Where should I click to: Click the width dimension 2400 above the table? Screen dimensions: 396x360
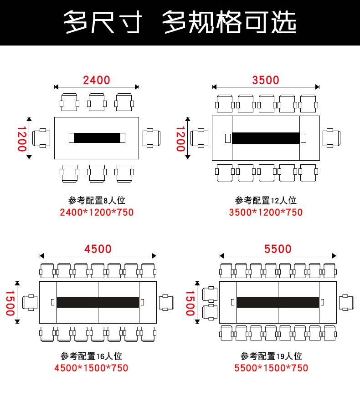pos(97,80)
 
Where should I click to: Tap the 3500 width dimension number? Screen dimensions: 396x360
pos(266,80)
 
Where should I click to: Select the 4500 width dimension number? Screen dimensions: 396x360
pos(98,249)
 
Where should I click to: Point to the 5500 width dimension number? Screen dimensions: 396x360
pos(278,249)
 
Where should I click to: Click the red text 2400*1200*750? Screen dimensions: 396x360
pos(97,212)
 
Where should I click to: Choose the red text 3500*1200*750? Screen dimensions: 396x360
pos(266,212)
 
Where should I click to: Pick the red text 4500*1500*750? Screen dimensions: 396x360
pos(91,368)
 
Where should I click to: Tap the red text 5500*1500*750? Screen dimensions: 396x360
pos(271,368)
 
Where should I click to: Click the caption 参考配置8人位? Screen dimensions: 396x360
pos(96,200)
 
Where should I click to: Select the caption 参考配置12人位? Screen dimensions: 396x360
pos(266,200)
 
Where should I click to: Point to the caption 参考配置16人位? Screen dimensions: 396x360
pos(91,356)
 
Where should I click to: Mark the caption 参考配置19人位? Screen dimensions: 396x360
pos(271,356)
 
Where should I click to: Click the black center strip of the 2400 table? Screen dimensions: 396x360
pos(97,137)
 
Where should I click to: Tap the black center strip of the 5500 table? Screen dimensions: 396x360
pos(278,302)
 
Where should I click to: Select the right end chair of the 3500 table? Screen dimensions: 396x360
pos(331,138)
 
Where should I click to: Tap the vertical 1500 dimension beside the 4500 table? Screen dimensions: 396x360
pos(10,302)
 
